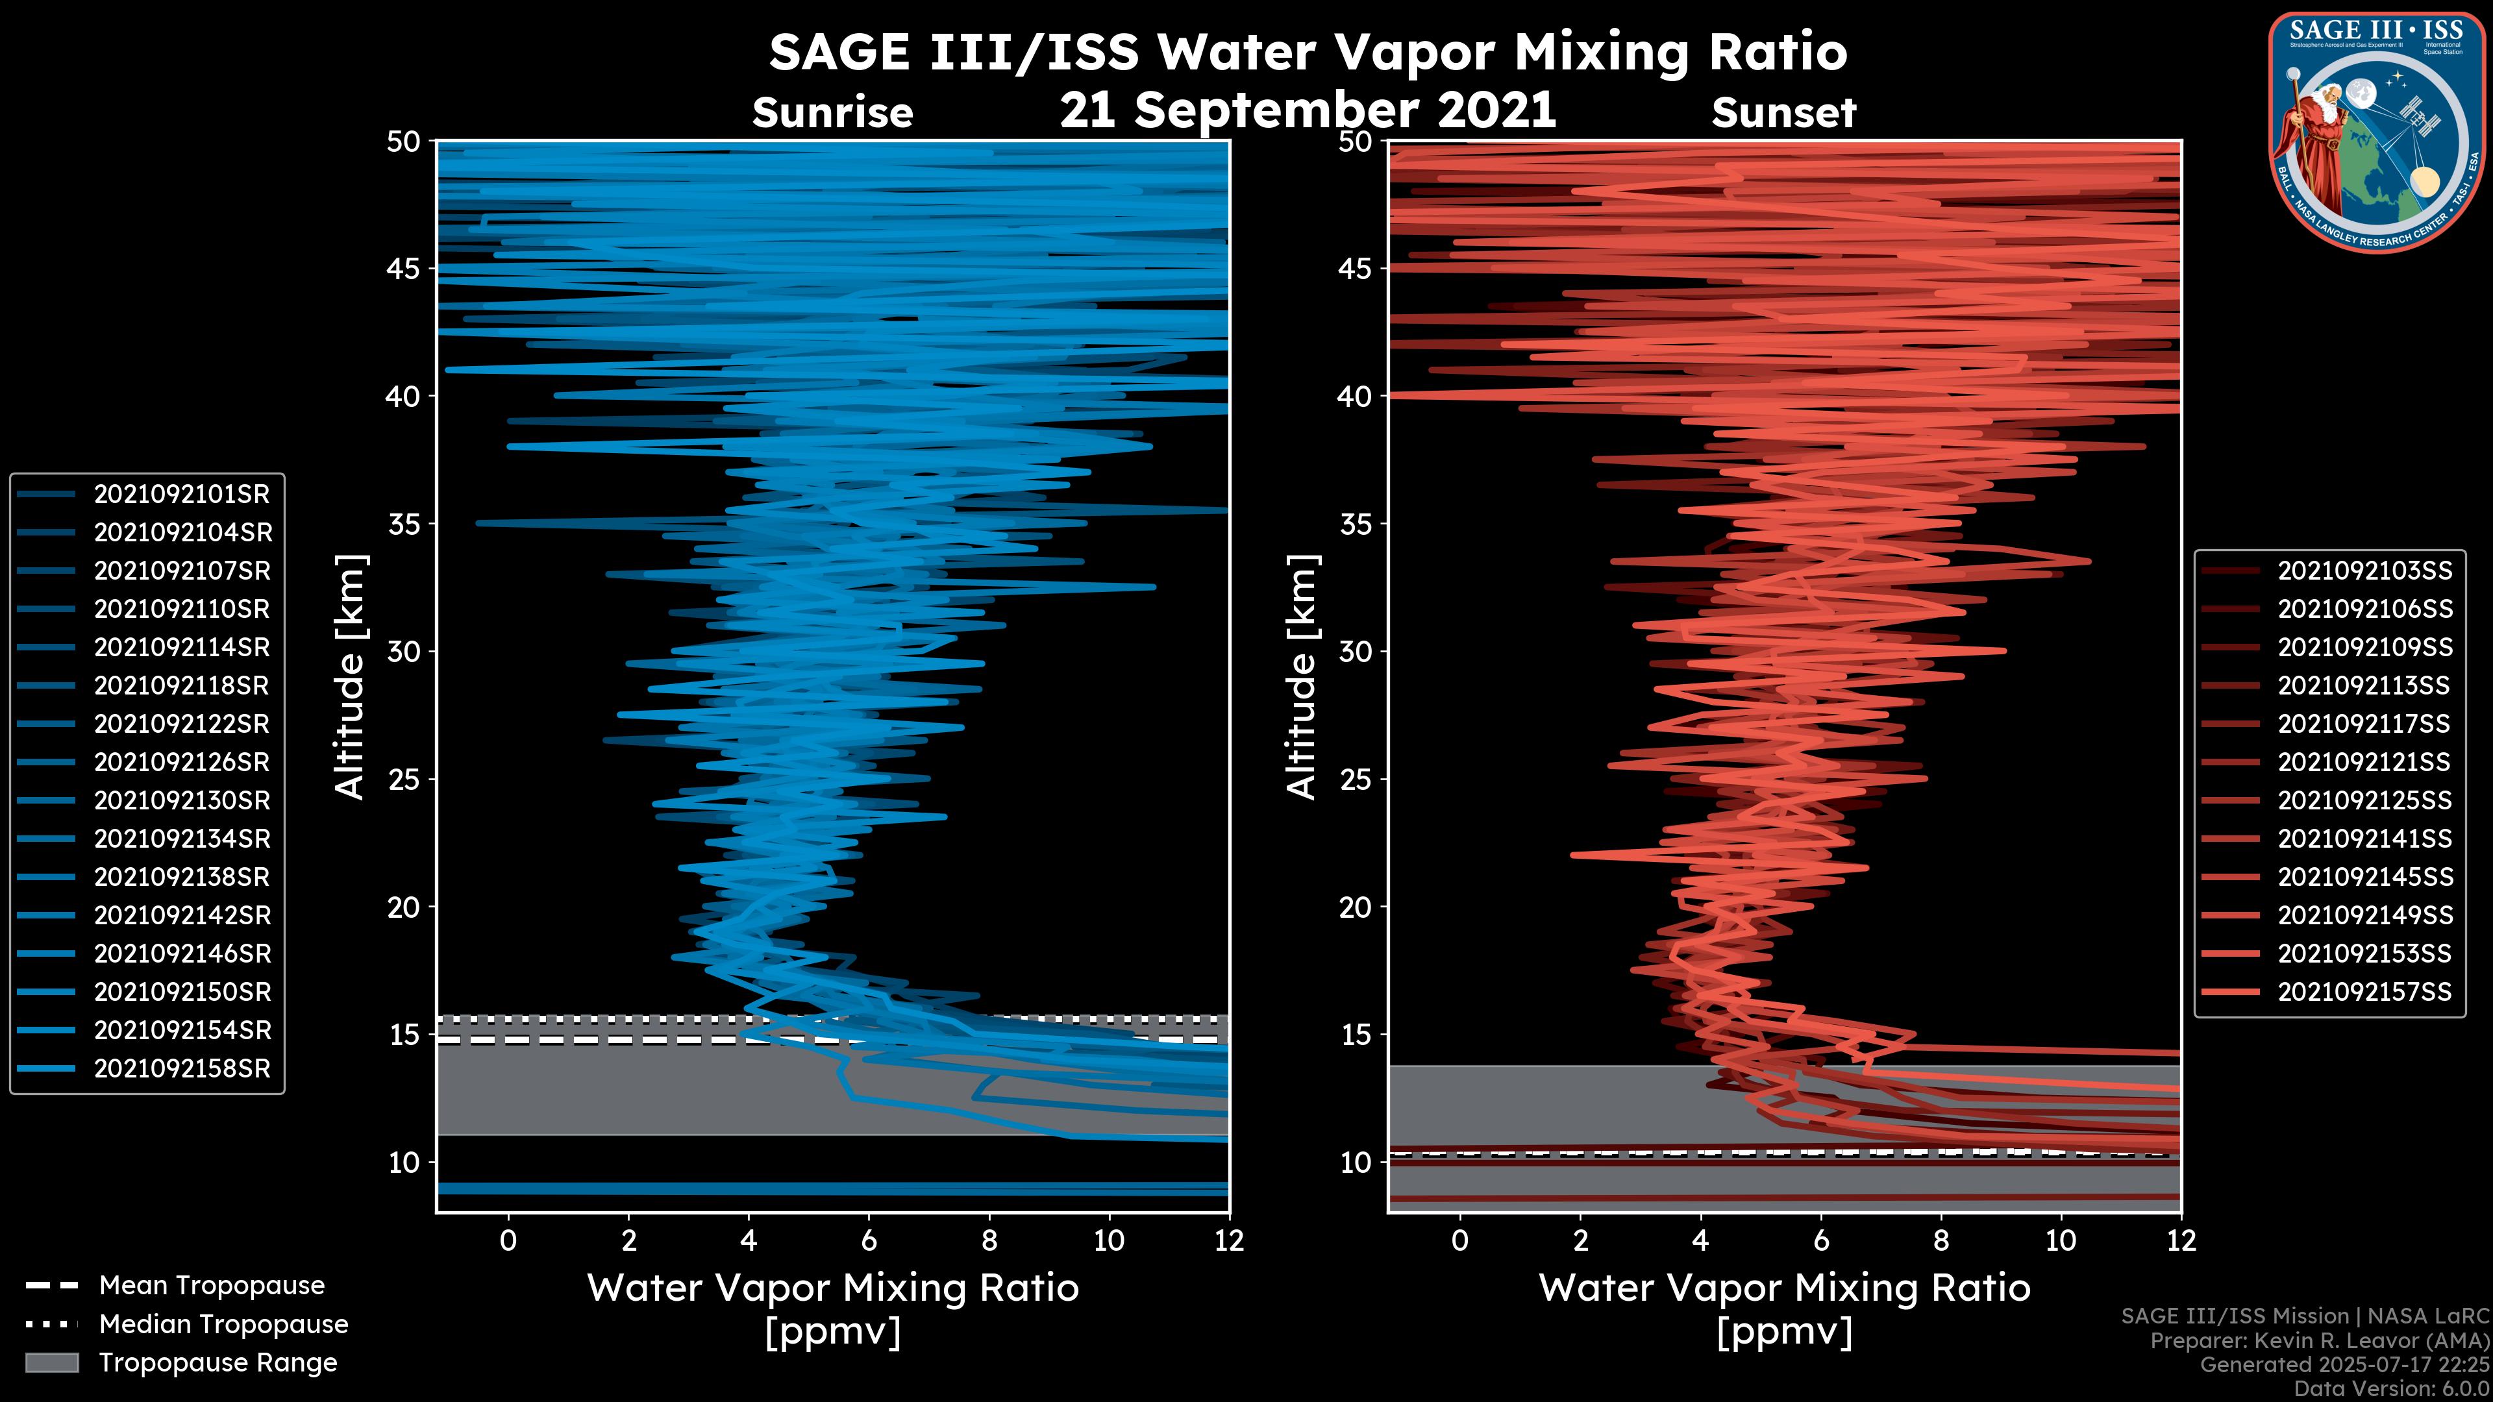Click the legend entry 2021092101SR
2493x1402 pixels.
click(181, 495)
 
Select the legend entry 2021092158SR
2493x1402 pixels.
click(181, 1069)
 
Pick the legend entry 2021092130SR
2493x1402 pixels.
click(181, 801)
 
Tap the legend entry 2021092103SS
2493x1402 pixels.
click(2364, 571)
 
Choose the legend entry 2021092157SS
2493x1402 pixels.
click(2364, 992)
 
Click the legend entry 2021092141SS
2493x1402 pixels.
click(2364, 839)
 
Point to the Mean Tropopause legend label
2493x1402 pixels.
click(212, 1286)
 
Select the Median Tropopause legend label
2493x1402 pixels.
click(223, 1325)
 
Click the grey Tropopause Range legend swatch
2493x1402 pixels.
click(52, 1363)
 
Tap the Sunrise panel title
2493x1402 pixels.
click(832, 113)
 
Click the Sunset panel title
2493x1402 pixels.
click(1783, 113)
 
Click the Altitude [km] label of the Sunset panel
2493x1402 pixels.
click(1302, 677)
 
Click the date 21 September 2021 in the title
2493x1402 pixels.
click(1308, 110)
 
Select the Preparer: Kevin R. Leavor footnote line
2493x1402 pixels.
click(2319, 1341)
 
